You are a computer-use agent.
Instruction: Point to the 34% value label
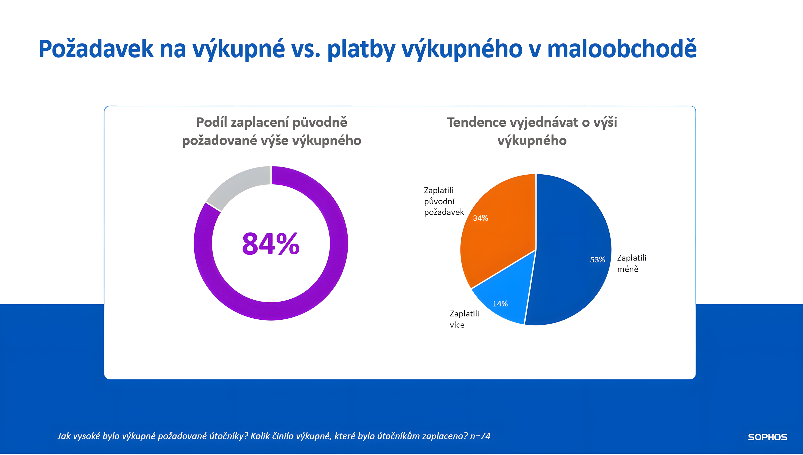(x=480, y=218)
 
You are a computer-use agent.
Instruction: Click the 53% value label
(x=597, y=260)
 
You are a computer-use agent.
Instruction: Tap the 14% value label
(x=500, y=304)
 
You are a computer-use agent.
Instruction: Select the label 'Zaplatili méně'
(x=631, y=263)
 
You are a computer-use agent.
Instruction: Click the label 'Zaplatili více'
(x=464, y=319)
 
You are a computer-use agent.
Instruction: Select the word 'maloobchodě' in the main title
(x=622, y=49)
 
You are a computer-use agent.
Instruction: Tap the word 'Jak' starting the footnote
(x=64, y=436)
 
